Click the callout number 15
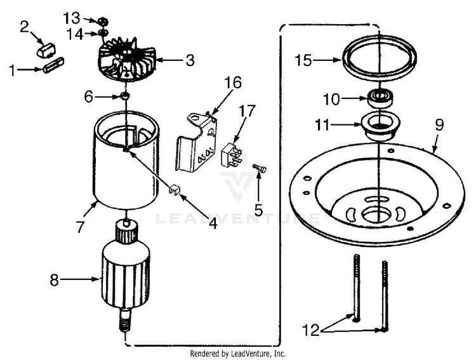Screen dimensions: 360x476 coord(304,61)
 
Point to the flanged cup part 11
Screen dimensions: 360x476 coord(379,125)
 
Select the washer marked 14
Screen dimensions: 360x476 coord(102,32)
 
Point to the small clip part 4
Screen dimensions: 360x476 coord(174,189)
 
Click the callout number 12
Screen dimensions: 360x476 coord(312,330)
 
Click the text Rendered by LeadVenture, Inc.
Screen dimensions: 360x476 coord(238,353)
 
